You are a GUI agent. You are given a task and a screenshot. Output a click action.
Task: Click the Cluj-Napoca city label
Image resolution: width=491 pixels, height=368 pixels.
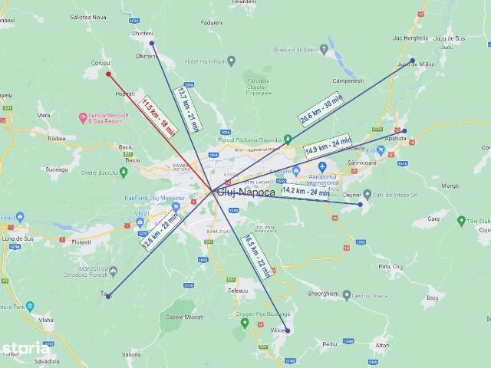pyautogui.click(x=245, y=192)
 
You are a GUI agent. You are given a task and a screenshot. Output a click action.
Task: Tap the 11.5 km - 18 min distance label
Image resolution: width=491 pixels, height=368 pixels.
pyautogui.click(x=159, y=115)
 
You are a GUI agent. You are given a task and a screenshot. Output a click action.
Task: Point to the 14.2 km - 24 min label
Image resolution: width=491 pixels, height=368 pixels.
pyautogui.click(x=305, y=191)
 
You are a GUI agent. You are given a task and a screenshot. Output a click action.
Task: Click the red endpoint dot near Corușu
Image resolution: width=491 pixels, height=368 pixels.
pyautogui.click(x=108, y=74)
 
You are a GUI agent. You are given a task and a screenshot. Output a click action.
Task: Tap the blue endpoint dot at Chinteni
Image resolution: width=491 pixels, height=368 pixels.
pyautogui.click(x=152, y=44)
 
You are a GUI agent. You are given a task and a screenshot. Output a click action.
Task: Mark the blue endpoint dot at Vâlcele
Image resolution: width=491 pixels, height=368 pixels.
pyautogui.click(x=288, y=330)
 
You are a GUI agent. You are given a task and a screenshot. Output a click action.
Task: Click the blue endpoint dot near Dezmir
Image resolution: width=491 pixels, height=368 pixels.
pyautogui.click(x=360, y=204)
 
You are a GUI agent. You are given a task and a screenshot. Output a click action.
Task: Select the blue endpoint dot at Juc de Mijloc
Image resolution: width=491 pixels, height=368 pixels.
pyautogui.click(x=413, y=61)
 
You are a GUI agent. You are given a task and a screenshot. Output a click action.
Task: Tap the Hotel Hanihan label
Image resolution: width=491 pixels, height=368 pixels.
pyautogui.click(x=202, y=61)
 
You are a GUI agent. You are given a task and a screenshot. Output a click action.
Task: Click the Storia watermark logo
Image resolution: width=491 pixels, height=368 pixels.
pyautogui.click(x=25, y=350)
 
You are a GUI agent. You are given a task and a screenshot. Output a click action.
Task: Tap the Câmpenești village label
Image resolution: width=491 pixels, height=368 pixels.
pyautogui.click(x=348, y=80)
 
